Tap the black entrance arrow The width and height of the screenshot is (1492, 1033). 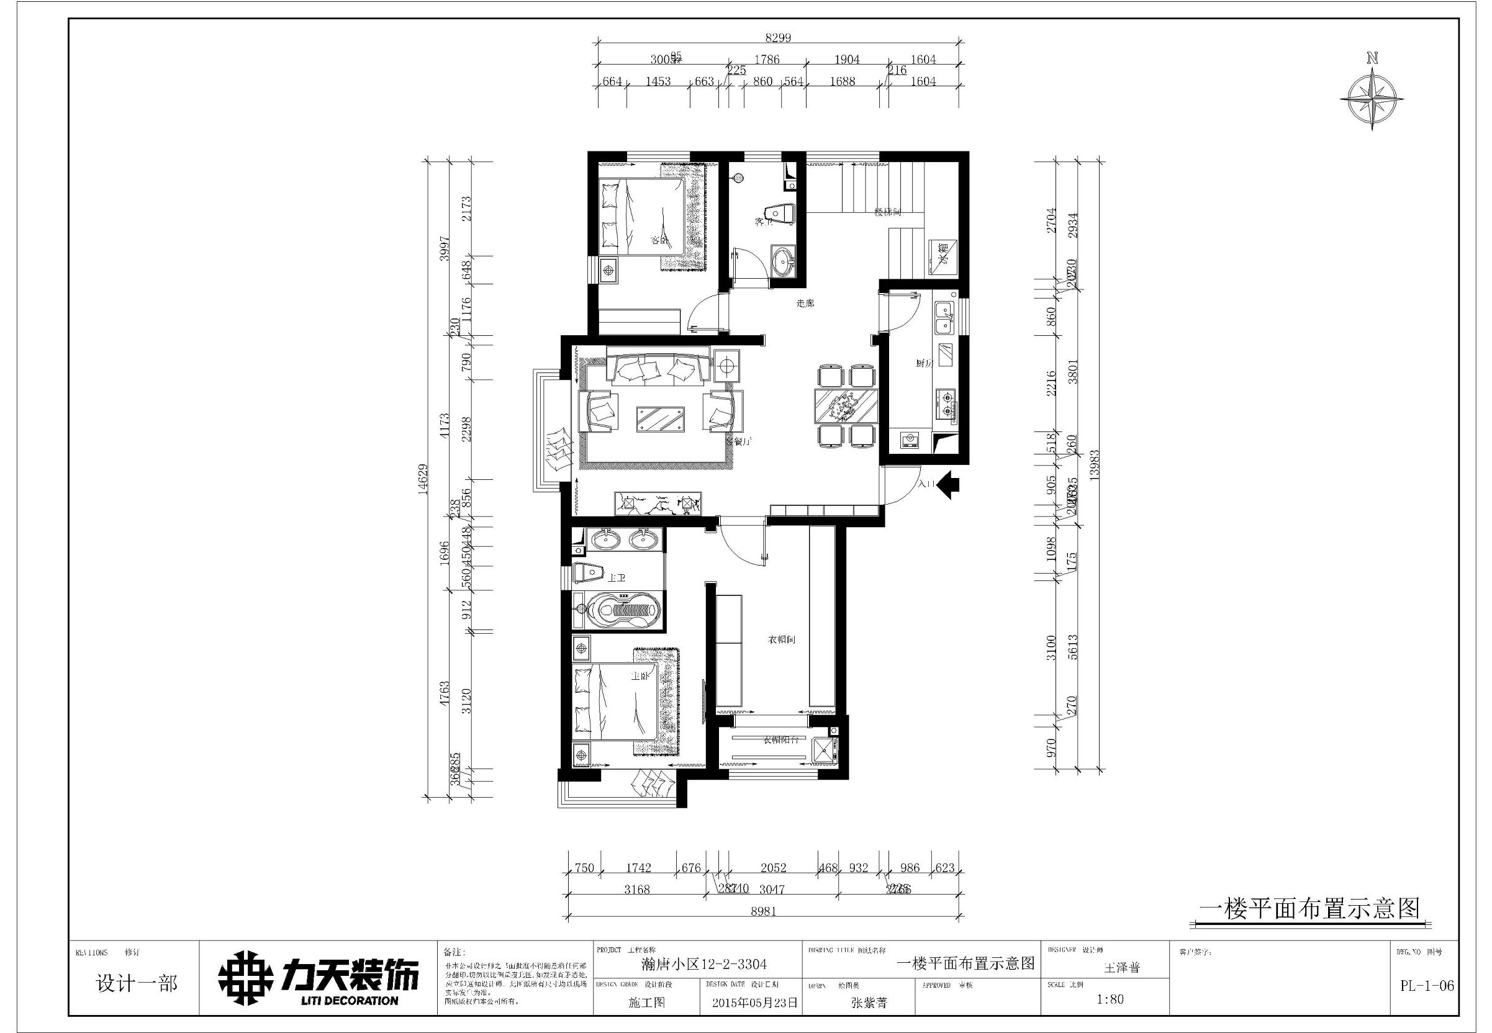click(947, 484)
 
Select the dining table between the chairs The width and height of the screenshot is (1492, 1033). click(846, 407)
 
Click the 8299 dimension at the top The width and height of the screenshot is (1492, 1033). click(777, 37)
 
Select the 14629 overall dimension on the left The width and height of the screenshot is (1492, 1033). click(423, 479)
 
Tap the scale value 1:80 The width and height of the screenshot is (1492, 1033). click(1110, 999)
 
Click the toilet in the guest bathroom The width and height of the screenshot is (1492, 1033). click(779, 215)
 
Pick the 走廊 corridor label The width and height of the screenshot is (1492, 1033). click(805, 303)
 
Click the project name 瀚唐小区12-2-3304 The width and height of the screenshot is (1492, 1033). click(698, 964)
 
